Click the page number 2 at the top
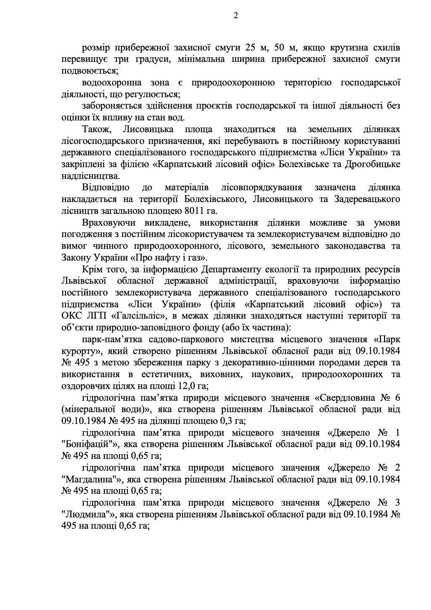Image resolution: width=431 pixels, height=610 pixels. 235,16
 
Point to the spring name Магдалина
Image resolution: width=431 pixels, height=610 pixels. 90,479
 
